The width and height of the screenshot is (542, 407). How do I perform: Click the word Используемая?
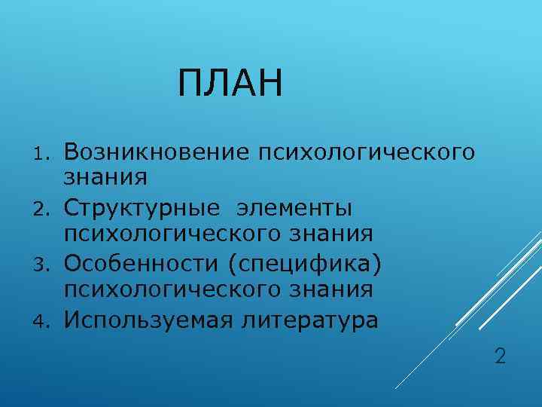pyautogui.click(x=150, y=320)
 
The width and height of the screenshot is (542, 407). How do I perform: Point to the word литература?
pyautogui.click(x=311, y=320)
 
